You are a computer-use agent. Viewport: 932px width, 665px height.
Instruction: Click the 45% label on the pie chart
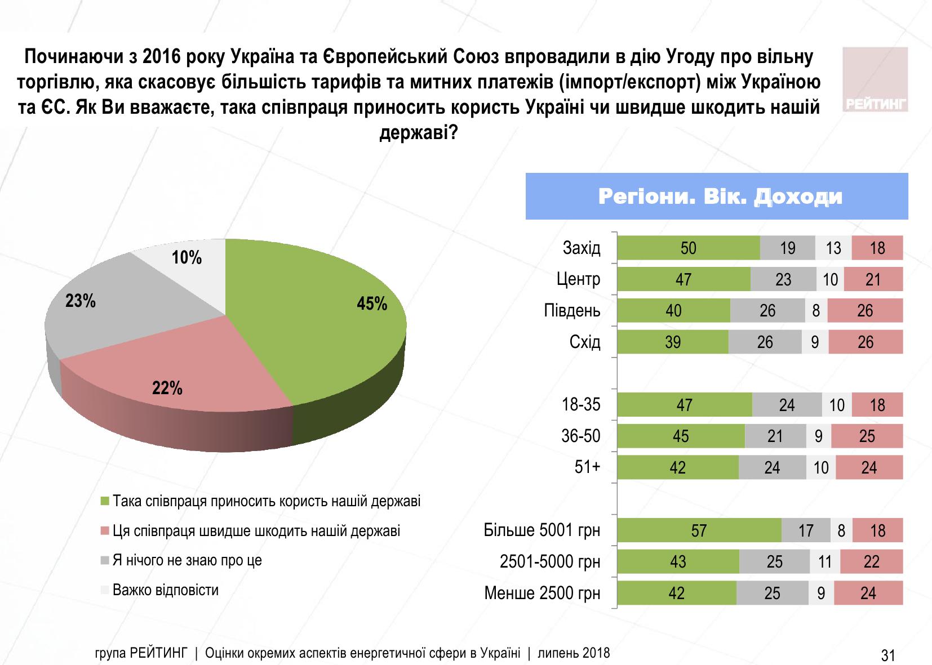pyautogui.click(x=372, y=304)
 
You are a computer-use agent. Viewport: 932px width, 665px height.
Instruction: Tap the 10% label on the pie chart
pyautogui.click(x=187, y=258)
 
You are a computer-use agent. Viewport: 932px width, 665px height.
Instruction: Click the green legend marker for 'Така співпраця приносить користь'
pyautogui.click(x=104, y=501)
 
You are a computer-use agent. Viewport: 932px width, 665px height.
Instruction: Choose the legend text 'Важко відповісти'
pyautogui.click(x=166, y=590)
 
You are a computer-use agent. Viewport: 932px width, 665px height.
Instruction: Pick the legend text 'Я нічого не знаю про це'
pyautogui.click(x=187, y=560)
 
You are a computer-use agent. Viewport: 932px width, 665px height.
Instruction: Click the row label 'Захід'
pyautogui.click(x=582, y=248)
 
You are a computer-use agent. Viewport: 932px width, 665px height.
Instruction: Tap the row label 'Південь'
pyautogui.click(x=572, y=311)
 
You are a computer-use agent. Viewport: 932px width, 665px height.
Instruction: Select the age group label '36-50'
pyautogui.click(x=581, y=436)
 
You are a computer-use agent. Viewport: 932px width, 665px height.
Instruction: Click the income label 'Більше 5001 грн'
pyautogui.click(x=542, y=530)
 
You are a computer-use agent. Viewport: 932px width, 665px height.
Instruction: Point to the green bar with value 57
pyautogui.click(x=699, y=530)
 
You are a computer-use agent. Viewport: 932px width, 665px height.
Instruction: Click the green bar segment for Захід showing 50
pyautogui.click(x=689, y=248)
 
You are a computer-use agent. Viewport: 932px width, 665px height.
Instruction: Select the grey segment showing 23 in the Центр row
pyautogui.click(x=783, y=279)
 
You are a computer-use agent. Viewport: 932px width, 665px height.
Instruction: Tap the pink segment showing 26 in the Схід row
pyautogui.click(x=866, y=342)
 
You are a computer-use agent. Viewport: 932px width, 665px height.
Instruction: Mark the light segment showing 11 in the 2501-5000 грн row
pyautogui.click(x=825, y=561)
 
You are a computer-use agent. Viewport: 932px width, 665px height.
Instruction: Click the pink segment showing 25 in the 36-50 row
pyautogui.click(x=867, y=436)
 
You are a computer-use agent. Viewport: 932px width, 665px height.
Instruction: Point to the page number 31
pyautogui.click(x=888, y=655)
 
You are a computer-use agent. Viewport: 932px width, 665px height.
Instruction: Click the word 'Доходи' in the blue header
pyautogui.click(x=798, y=197)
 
